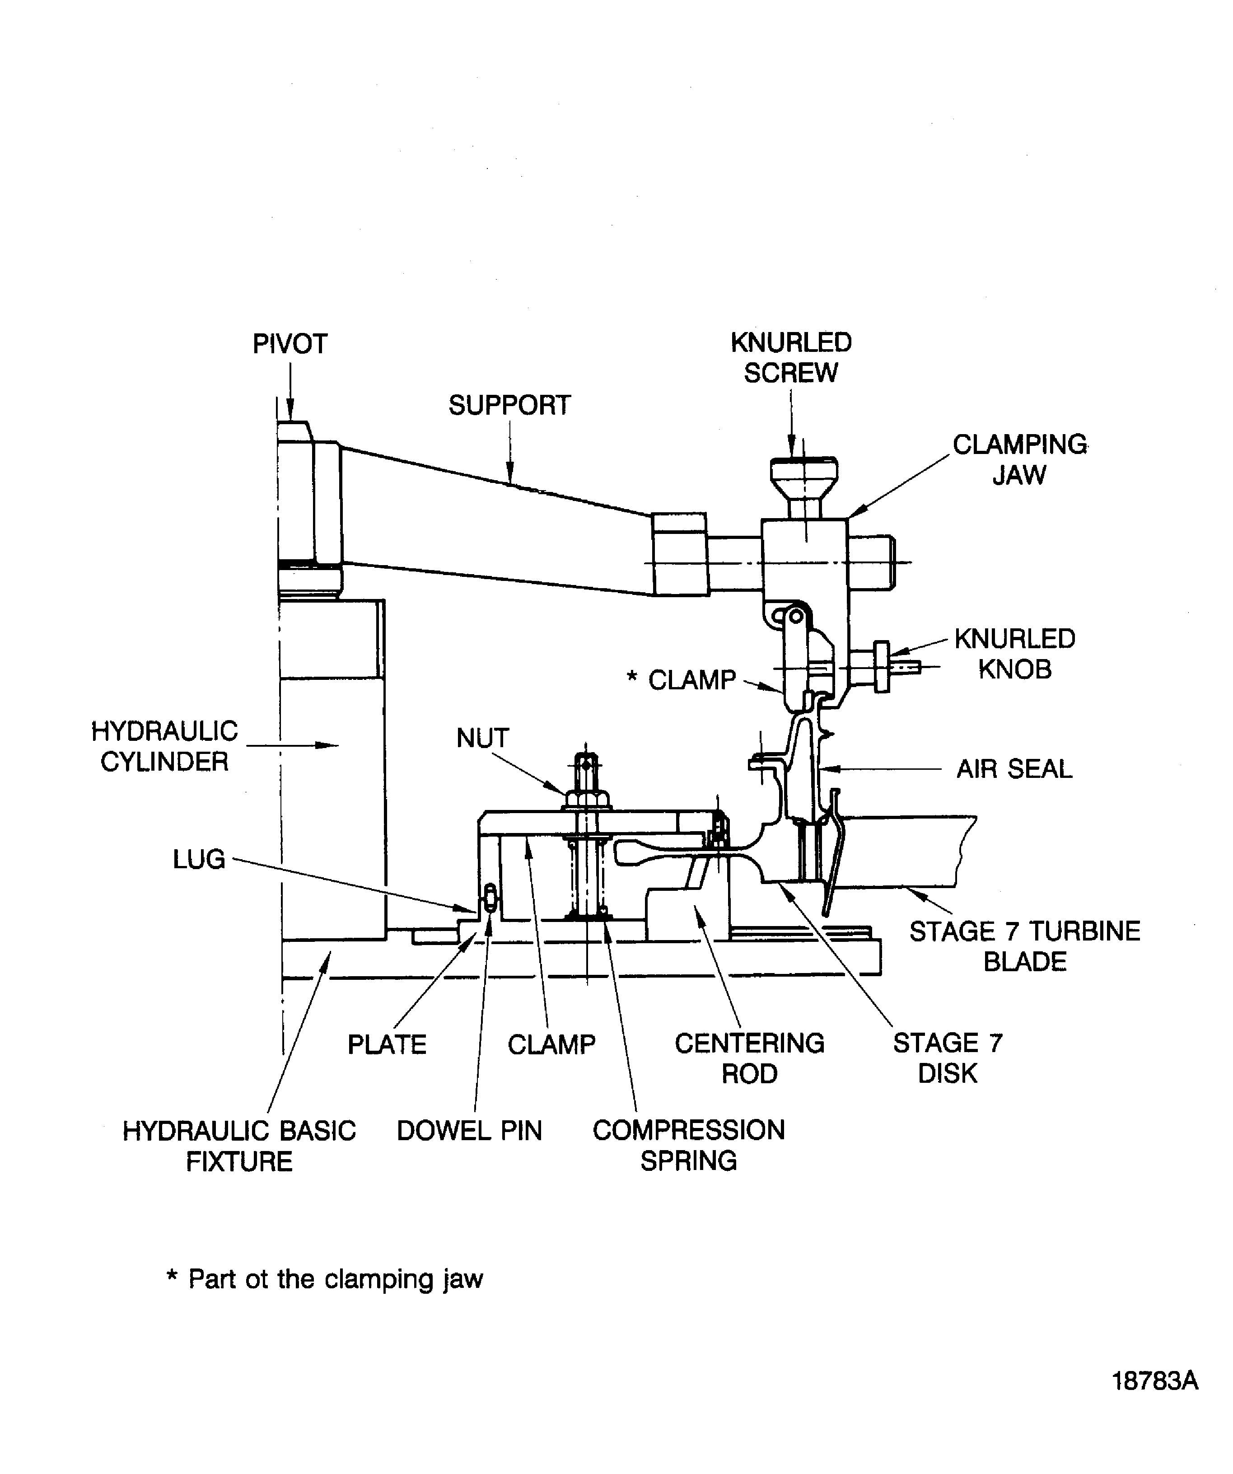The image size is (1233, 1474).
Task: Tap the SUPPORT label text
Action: (509, 405)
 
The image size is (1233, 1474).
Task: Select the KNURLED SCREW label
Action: (791, 357)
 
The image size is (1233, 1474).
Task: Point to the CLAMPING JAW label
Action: (1019, 460)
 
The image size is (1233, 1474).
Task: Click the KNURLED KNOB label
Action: (1015, 654)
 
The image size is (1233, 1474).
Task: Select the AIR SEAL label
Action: (1014, 769)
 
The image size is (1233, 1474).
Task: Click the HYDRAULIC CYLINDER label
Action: (164, 746)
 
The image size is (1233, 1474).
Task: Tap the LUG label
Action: (199, 859)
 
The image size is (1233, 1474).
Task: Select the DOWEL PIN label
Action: (469, 1131)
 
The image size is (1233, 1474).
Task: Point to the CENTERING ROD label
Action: (749, 1058)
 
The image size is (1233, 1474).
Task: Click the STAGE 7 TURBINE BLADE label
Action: (1025, 945)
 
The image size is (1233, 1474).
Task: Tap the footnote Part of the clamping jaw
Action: (325, 1279)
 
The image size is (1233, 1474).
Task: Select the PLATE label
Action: (387, 1044)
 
